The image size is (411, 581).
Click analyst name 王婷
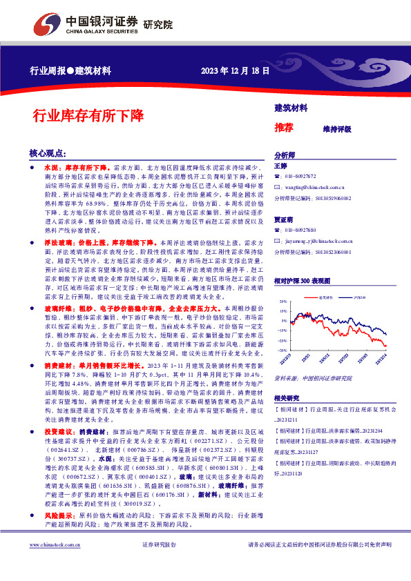pos(280,166)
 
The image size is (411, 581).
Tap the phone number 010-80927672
pos(301,177)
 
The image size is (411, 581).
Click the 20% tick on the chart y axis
pos(282,302)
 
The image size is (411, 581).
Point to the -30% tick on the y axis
pos(281,350)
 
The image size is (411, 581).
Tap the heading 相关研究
pos(287,398)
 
